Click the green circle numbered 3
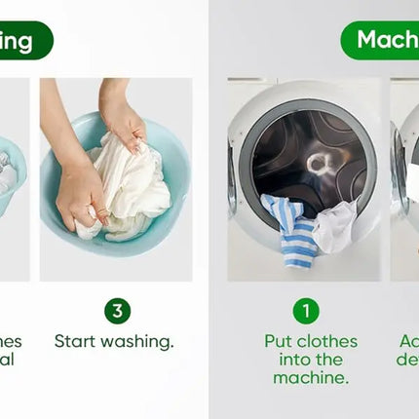coord(117,311)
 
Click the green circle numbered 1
coord(306,311)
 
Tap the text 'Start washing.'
coord(114,342)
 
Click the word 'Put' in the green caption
coord(281,342)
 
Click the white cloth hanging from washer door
coord(336,225)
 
